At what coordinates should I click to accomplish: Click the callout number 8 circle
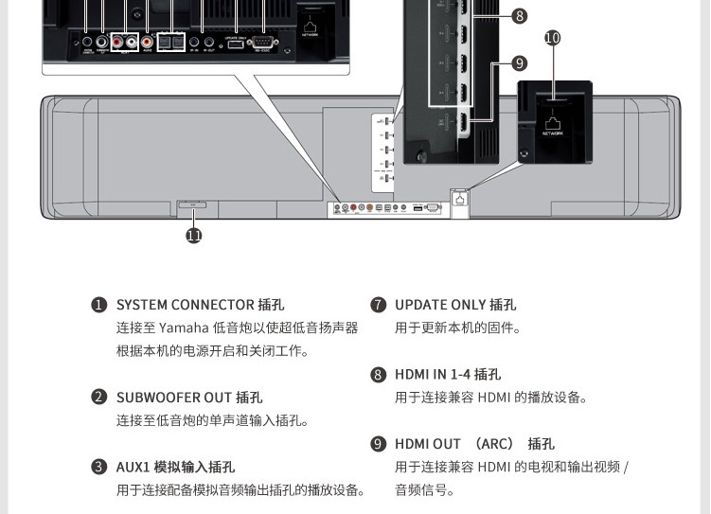click(x=519, y=15)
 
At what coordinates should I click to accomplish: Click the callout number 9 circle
click(x=519, y=63)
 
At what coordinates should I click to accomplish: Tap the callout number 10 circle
click(x=553, y=38)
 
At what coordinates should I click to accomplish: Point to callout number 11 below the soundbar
click(x=194, y=236)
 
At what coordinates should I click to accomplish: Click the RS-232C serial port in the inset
click(x=261, y=42)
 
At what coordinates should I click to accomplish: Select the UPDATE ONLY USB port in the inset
click(x=235, y=43)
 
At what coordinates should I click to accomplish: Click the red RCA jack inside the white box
click(x=117, y=42)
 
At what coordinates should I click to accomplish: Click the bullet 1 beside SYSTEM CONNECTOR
click(x=98, y=305)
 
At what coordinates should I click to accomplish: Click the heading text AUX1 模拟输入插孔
click(x=175, y=467)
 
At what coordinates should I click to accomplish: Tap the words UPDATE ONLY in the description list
click(x=440, y=305)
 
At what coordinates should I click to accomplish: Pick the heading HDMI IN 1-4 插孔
click(x=448, y=375)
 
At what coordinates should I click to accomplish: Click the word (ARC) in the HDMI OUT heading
click(x=493, y=444)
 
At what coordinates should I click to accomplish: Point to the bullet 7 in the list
click(x=378, y=305)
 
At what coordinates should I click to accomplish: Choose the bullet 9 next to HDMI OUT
click(x=378, y=444)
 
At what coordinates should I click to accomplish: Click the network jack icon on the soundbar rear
click(x=460, y=199)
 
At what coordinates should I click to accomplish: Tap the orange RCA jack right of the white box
click(x=148, y=42)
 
